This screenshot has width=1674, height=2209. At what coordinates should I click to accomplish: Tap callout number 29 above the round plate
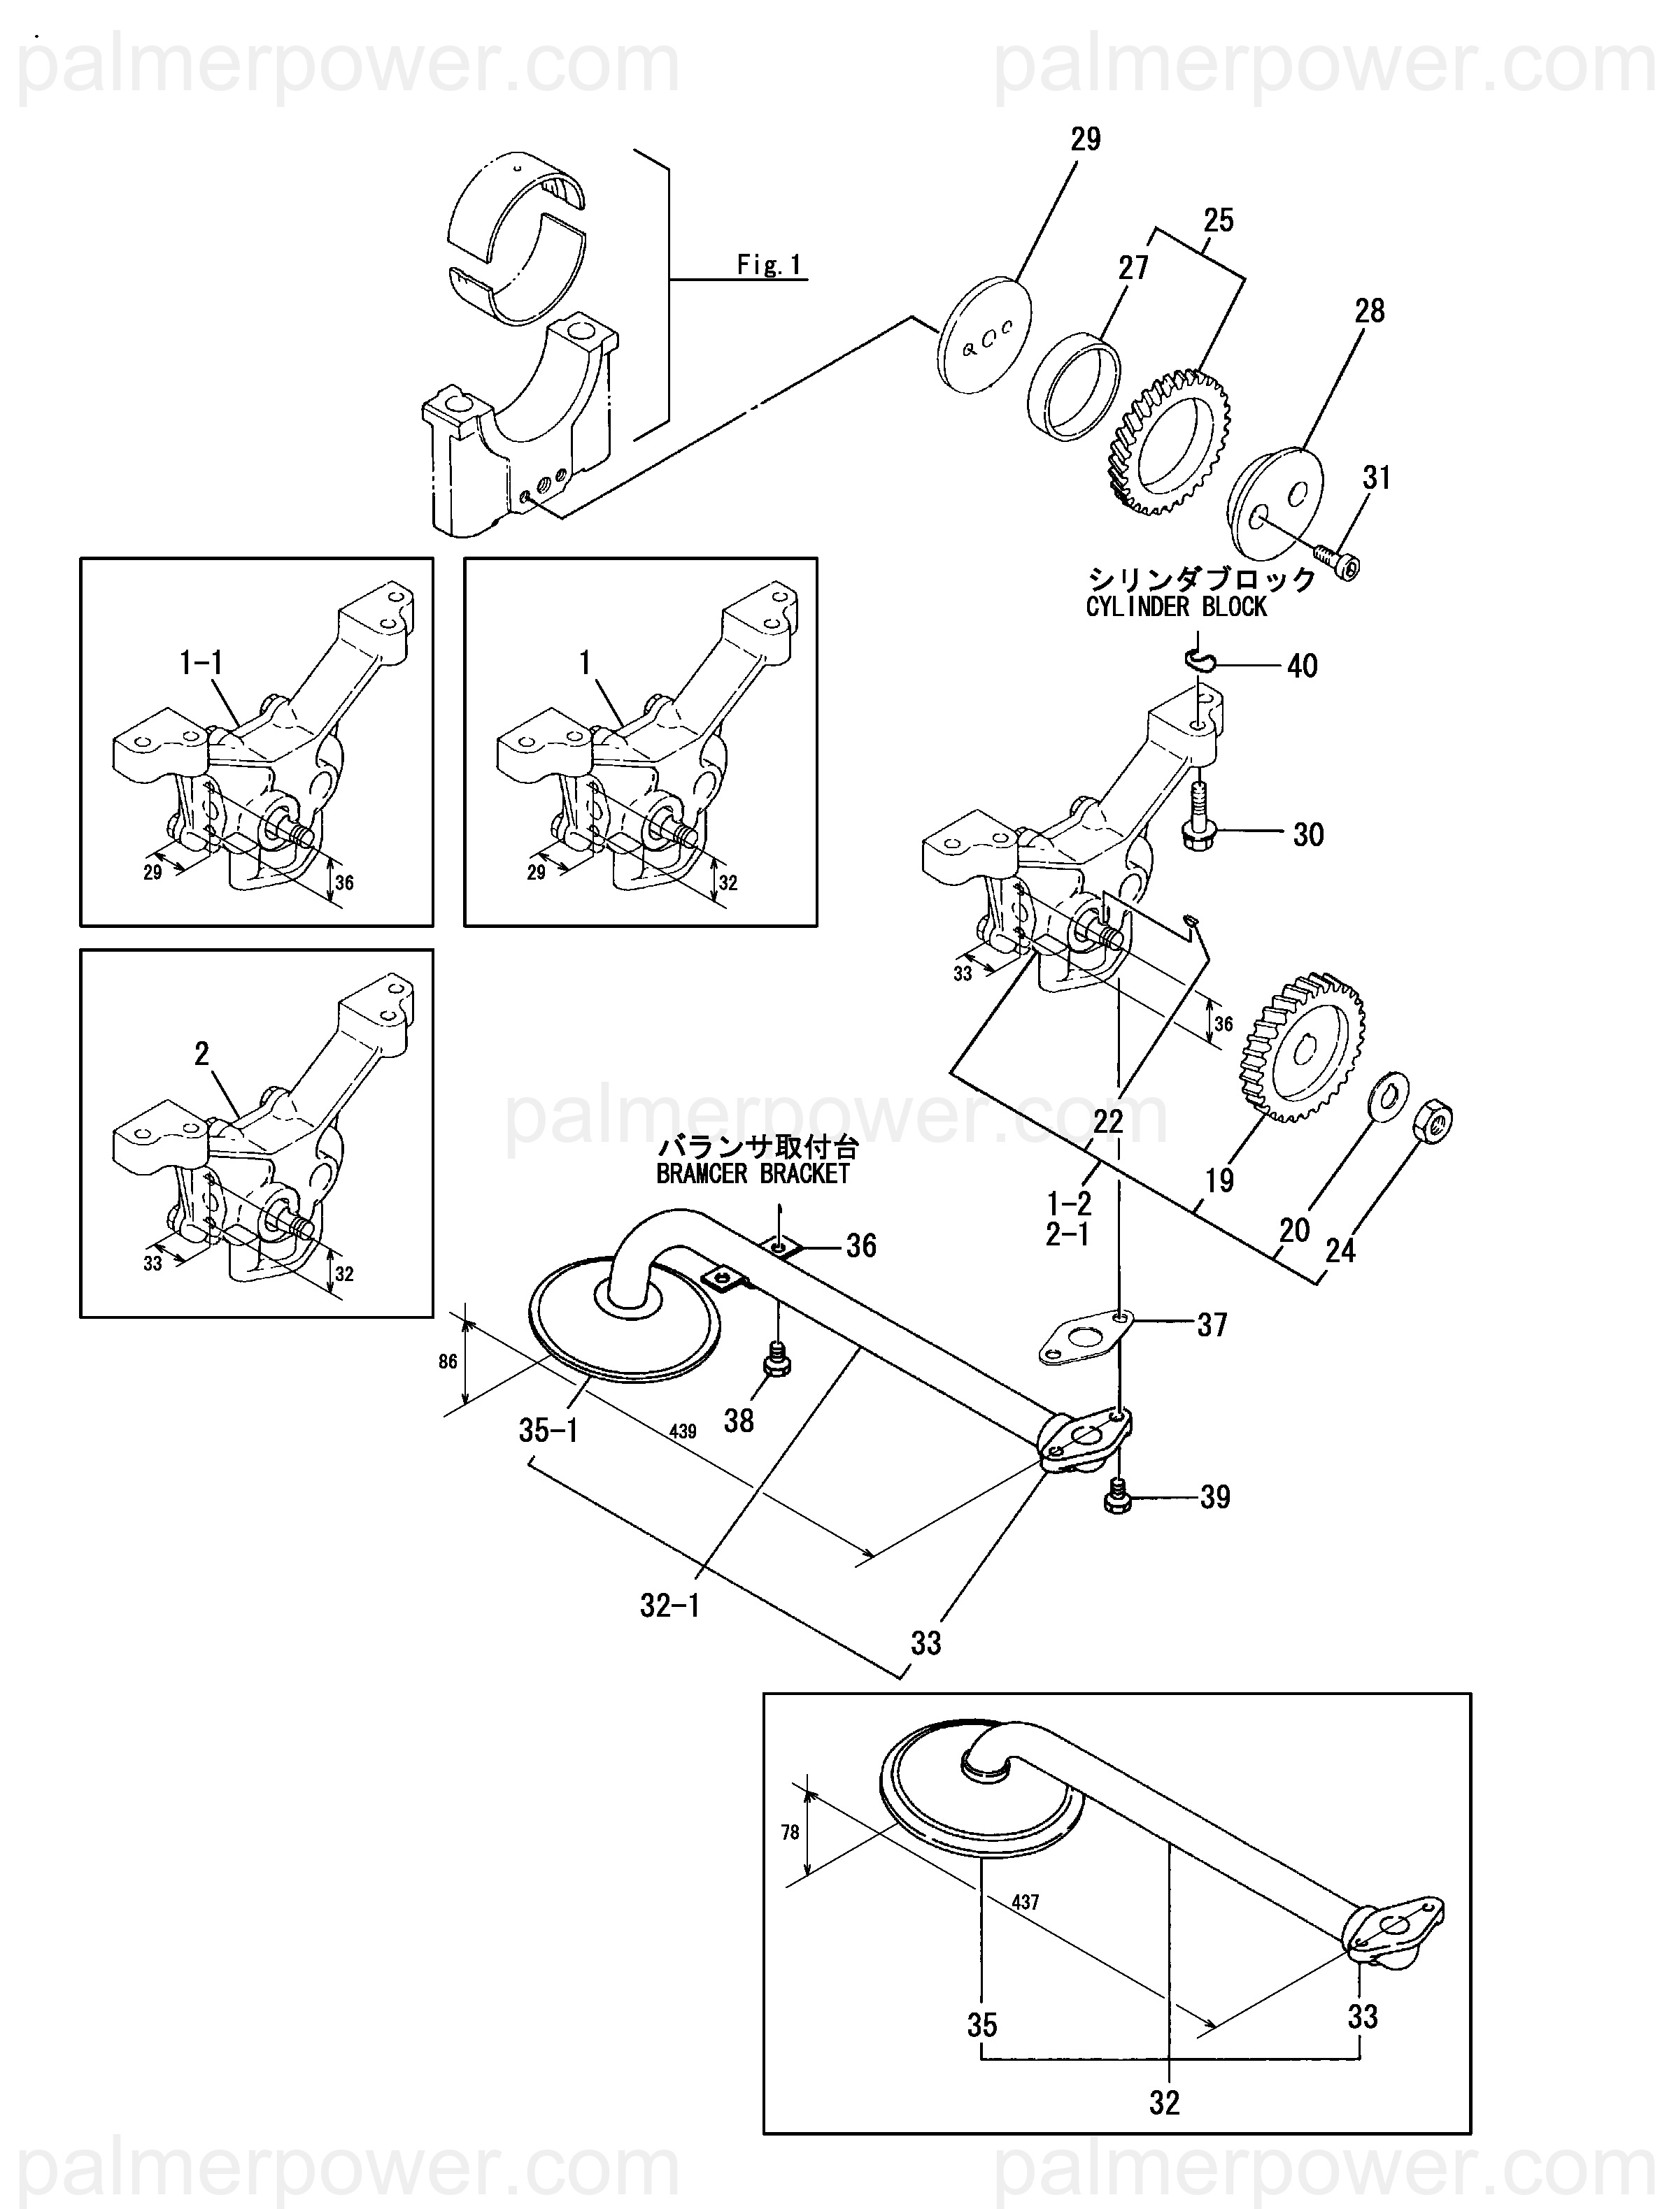(x=1085, y=140)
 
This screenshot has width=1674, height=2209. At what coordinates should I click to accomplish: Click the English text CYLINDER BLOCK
(x=1176, y=607)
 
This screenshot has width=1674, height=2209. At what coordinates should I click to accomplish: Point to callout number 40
(x=1301, y=666)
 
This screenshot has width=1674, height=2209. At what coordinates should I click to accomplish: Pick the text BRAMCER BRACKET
(x=753, y=1173)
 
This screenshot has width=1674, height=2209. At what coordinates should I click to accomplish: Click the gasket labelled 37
(x=1083, y=1339)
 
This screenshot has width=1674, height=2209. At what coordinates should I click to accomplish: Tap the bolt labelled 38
(x=776, y=1358)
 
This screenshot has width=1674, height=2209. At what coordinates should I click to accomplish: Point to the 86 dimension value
(x=448, y=1361)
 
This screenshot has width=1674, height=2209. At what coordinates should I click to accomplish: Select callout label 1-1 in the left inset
(x=201, y=662)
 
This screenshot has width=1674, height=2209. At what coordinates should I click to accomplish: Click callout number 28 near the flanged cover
(x=1370, y=312)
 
